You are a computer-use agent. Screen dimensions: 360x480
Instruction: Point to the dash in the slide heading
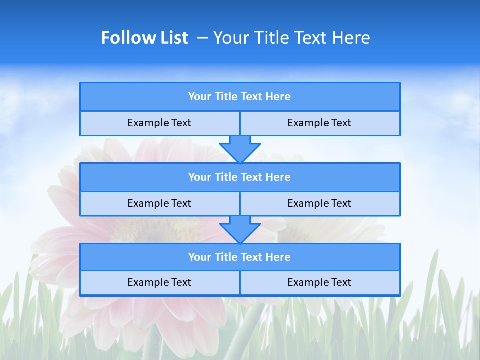click(x=202, y=38)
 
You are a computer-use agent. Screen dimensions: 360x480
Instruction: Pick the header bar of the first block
click(x=240, y=97)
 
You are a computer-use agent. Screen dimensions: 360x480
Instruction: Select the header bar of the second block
click(x=240, y=177)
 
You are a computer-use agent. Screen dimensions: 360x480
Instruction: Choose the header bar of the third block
click(x=240, y=257)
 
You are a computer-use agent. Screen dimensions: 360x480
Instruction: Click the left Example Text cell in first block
click(x=159, y=123)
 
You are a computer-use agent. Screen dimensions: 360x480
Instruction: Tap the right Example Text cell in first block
click(x=319, y=123)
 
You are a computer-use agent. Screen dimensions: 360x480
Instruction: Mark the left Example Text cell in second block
click(x=159, y=203)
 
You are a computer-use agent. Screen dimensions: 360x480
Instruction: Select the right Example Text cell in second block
click(x=319, y=203)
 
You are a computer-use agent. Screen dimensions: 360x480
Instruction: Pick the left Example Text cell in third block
click(x=159, y=282)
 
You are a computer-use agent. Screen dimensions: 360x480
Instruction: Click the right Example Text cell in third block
click(x=319, y=282)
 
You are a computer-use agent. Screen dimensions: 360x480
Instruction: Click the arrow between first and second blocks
click(x=240, y=149)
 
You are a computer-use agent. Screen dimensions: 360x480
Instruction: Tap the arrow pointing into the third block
click(x=240, y=229)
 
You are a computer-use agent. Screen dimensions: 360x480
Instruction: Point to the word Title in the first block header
click(x=226, y=97)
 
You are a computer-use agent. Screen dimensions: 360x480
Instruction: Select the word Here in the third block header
click(x=278, y=257)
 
